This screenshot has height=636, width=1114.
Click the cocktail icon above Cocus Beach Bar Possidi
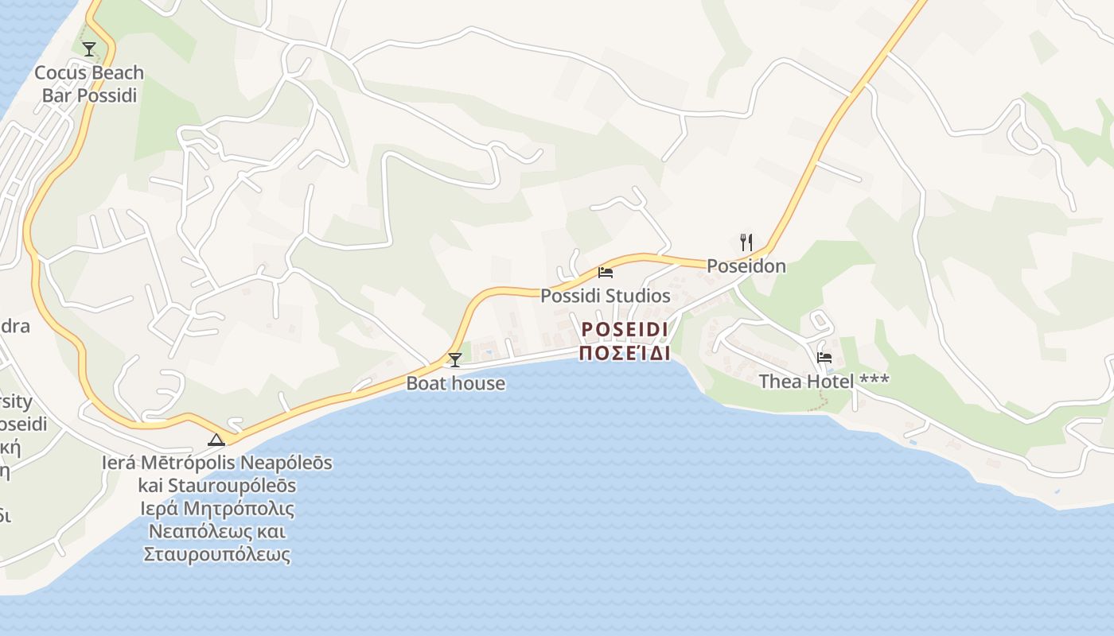click(x=89, y=49)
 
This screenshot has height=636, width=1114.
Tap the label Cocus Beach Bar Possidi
click(x=89, y=84)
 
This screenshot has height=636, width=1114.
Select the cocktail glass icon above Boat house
click(x=454, y=360)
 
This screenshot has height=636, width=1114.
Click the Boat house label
click(x=455, y=383)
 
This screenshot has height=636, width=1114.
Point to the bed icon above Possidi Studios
click(x=606, y=273)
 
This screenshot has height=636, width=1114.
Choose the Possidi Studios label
click(x=606, y=296)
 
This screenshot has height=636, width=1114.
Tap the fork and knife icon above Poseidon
click(x=746, y=242)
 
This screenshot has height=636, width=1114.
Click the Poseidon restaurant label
click(x=746, y=266)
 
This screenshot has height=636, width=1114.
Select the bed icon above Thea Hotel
click(x=824, y=358)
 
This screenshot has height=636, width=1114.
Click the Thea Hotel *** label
click(x=824, y=382)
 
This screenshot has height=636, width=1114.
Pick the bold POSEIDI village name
click(x=624, y=329)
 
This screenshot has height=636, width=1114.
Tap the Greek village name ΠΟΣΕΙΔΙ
click(x=624, y=353)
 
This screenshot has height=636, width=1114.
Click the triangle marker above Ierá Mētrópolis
click(x=216, y=440)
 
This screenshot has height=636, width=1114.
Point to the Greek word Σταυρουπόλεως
click(x=217, y=554)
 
